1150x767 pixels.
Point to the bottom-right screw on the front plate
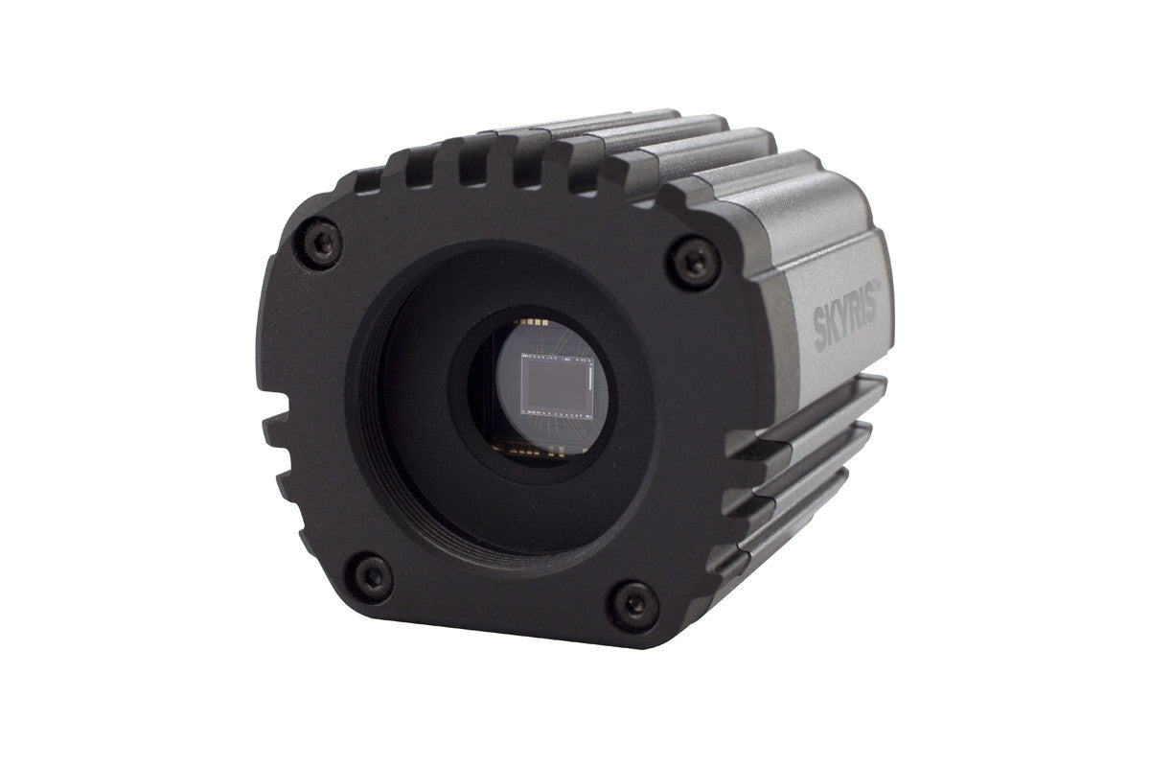pyautogui.click(x=629, y=601)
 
